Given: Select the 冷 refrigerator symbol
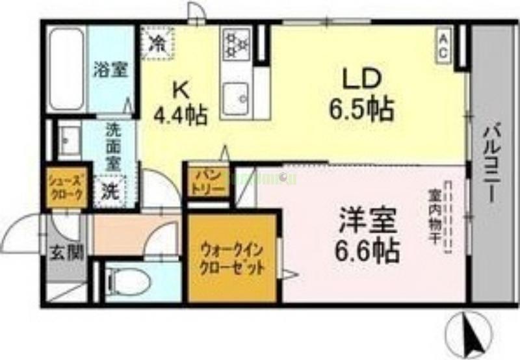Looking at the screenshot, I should coord(157,42).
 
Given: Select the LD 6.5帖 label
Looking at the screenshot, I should coord(360,94).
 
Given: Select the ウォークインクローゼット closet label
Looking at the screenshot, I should coord(232,258).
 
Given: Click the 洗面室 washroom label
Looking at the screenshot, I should coord(114,146).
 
